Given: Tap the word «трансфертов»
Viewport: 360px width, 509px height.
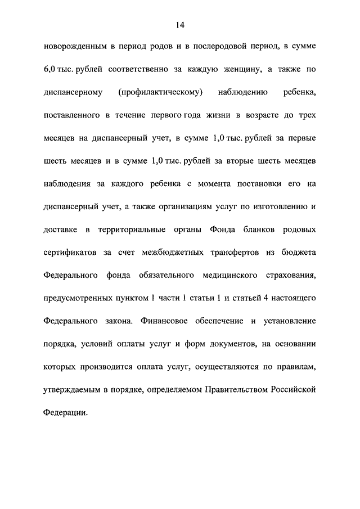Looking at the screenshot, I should pyautogui.click(x=227, y=253).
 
